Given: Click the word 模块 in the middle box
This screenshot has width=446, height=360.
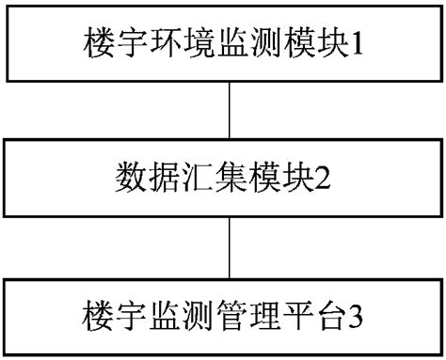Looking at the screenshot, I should coord(271,175).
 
